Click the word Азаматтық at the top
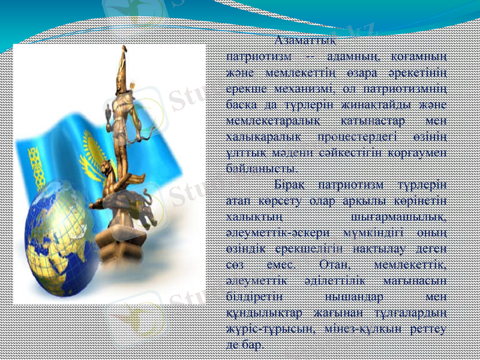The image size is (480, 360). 305,42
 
